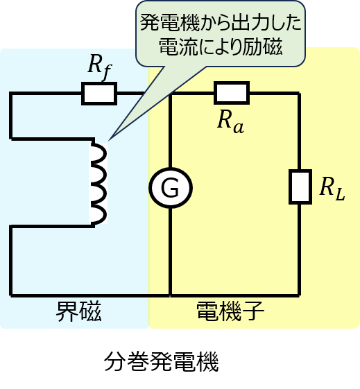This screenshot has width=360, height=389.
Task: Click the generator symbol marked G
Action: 171,187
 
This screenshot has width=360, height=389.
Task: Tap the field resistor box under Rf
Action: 99,94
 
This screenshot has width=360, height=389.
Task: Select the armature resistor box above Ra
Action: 232,92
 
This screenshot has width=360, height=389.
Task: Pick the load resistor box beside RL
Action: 300,187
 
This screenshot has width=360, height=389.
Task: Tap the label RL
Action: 332,189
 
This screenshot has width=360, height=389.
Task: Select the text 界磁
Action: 78,311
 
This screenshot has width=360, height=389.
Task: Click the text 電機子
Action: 230,311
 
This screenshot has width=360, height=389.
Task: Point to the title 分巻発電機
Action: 161,361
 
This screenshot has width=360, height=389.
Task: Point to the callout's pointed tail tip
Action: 109,139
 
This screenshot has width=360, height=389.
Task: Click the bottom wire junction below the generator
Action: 170,295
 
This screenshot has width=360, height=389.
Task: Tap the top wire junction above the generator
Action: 170,94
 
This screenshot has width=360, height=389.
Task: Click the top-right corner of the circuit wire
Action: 300,94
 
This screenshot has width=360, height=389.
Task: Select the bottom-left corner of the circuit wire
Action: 10,295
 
